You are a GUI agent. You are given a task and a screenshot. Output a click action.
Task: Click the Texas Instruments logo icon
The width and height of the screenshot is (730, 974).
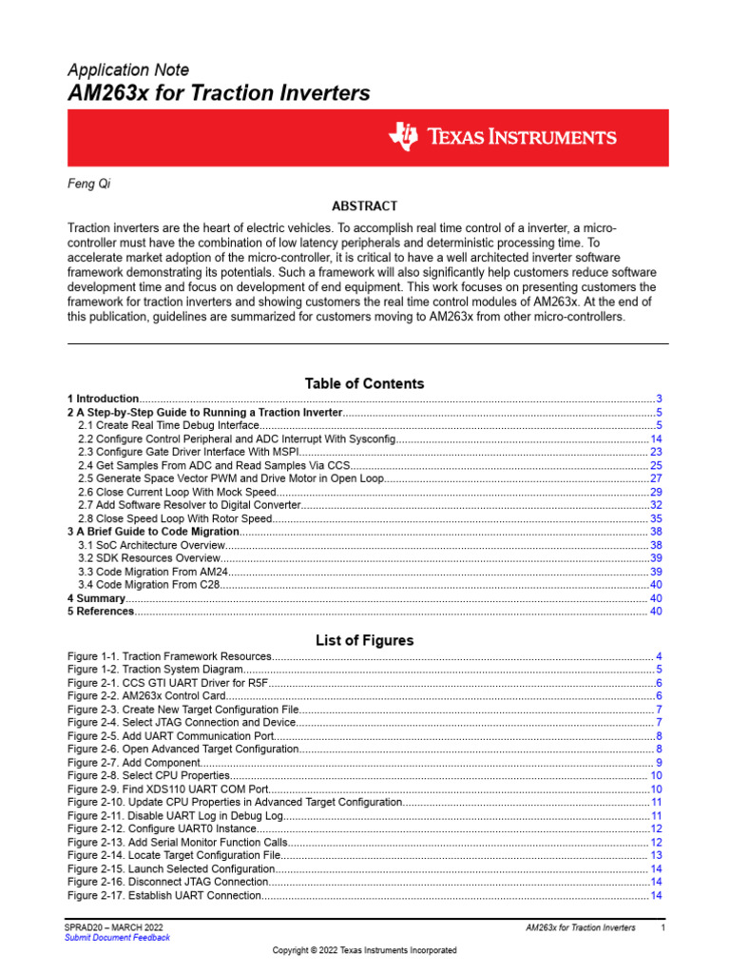[402, 137]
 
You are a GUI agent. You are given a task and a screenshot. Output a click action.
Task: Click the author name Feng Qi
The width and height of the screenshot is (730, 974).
[89, 185]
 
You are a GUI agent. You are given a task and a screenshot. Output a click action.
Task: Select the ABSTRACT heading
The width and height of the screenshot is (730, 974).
[364, 206]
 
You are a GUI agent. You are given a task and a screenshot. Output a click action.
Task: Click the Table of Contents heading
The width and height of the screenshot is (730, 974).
[364, 383]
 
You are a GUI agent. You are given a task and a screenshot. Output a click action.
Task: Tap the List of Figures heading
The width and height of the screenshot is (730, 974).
[364, 640]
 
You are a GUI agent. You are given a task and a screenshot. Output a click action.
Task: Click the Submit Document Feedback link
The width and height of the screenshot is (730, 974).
[117, 938]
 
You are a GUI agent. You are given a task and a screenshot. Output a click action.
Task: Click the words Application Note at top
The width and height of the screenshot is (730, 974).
[128, 69]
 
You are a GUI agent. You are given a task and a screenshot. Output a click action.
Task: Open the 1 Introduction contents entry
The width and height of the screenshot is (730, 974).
[104, 399]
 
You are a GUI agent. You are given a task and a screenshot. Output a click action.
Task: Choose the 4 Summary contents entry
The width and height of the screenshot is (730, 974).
[97, 598]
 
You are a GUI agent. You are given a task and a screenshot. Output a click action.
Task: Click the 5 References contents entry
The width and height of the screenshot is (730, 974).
[102, 612]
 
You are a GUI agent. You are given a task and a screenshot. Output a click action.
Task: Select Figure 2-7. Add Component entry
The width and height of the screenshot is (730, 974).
[134, 763]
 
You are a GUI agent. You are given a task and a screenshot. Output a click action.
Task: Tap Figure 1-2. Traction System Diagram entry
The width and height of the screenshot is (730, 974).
[156, 670]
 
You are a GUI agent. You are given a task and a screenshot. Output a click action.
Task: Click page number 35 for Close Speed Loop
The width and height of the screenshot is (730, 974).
[656, 518]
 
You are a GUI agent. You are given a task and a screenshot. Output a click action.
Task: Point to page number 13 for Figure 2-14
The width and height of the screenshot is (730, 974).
[656, 856]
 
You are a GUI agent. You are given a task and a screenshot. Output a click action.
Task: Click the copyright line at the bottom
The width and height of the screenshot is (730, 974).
[364, 950]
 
